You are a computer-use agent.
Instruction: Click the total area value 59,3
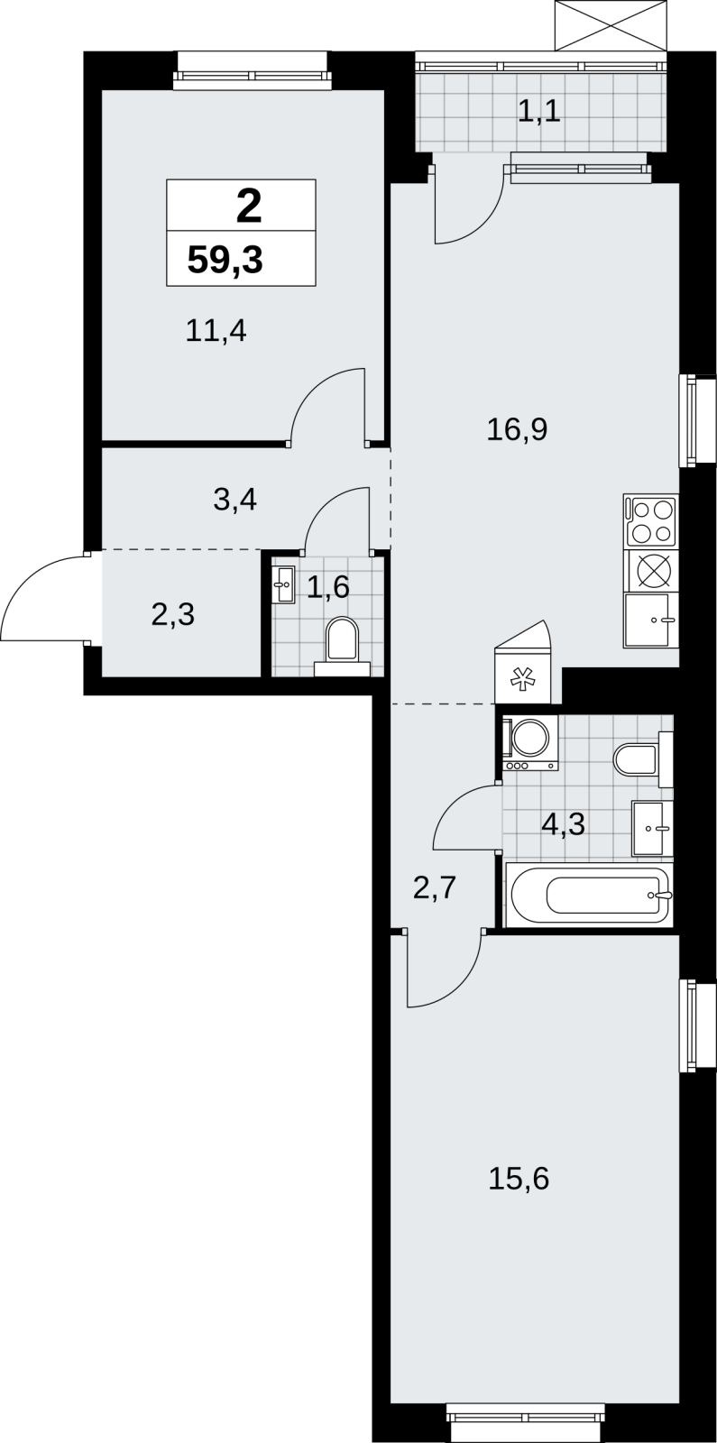click(x=225, y=261)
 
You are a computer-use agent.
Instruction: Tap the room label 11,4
click(x=216, y=331)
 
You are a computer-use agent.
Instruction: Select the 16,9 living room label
click(x=517, y=429)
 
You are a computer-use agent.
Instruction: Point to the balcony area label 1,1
click(x=539, y=112)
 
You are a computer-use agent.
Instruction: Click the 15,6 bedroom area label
click(x=519, y=1178)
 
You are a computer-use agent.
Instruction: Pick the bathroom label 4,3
click(x=563, y=824)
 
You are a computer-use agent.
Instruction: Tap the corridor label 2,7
click(x=435, y=887)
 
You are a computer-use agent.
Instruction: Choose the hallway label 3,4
click(x=235, y=500)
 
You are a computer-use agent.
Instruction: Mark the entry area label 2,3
click(x=172, y=614)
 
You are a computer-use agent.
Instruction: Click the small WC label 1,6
click(x=327, y=587)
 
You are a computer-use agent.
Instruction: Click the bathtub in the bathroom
click(x=590, y=895)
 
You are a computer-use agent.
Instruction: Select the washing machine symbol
click(x=531, y=743)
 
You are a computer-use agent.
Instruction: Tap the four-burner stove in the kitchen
click(x=650, y=521)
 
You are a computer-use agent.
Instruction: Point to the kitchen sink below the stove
click(x=650, y=620)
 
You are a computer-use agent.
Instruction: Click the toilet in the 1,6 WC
click(x=342, y=646)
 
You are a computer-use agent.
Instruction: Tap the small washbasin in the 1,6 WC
click(x=283, y=584)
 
